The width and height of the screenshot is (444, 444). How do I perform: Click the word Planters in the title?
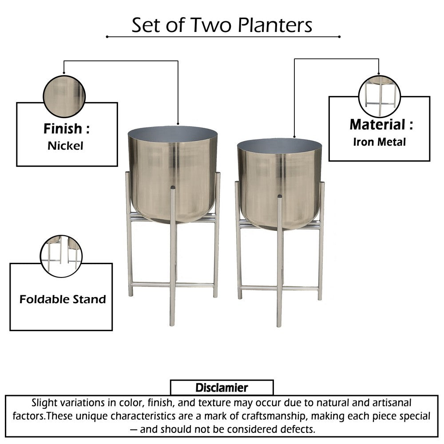coord(275,26)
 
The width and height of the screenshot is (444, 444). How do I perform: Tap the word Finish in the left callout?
coord(63,129)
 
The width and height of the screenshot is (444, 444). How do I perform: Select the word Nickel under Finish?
coord(65,146)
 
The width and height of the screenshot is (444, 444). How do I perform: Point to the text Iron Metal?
coord(379,142)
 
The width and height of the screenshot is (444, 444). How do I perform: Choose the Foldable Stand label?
coord(63,299)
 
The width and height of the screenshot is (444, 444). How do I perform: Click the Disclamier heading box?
coord(222,388)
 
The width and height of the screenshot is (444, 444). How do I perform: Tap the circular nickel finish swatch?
coord(63,96)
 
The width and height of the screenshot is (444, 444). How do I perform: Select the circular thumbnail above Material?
coord(379,96)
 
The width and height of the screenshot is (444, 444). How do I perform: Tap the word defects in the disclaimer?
coord(298,429)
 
